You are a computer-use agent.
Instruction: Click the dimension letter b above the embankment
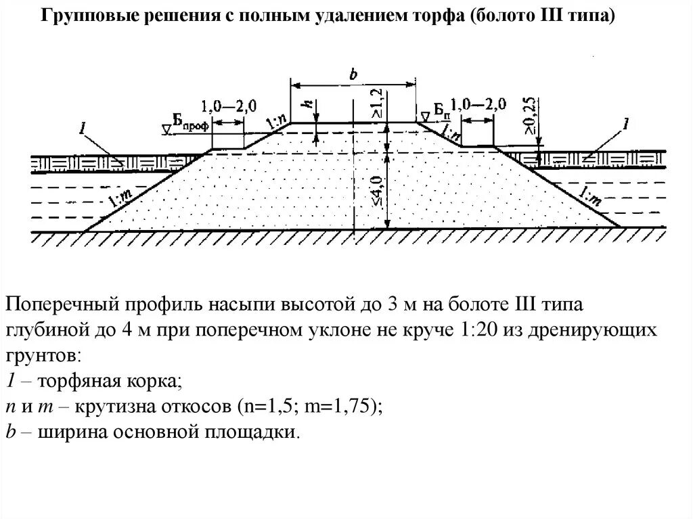[x=353, y=75]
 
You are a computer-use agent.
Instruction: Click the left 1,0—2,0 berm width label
[x=229, y=106]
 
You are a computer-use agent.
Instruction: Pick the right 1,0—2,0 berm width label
[x=478, y=105]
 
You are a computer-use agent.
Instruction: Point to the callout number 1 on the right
[x=626, y=124]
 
